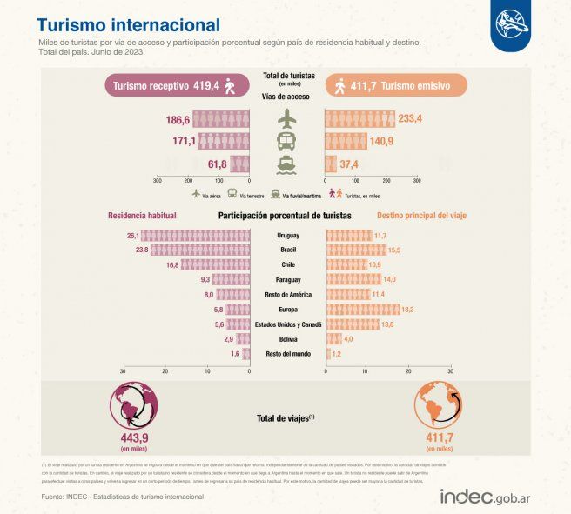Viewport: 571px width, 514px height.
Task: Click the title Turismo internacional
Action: coord(128,25)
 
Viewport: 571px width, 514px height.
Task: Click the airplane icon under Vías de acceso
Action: coord(286,118)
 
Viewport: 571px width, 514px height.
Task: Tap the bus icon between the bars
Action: coord(286,141)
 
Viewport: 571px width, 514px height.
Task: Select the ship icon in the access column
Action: coord(286,164)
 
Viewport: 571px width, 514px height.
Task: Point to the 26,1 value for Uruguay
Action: coord(133,235)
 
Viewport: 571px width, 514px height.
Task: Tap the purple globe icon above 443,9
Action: coord(134,409)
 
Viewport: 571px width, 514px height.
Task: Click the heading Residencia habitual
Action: coord(142,215)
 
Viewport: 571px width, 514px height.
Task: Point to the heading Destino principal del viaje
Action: coord(421,215)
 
